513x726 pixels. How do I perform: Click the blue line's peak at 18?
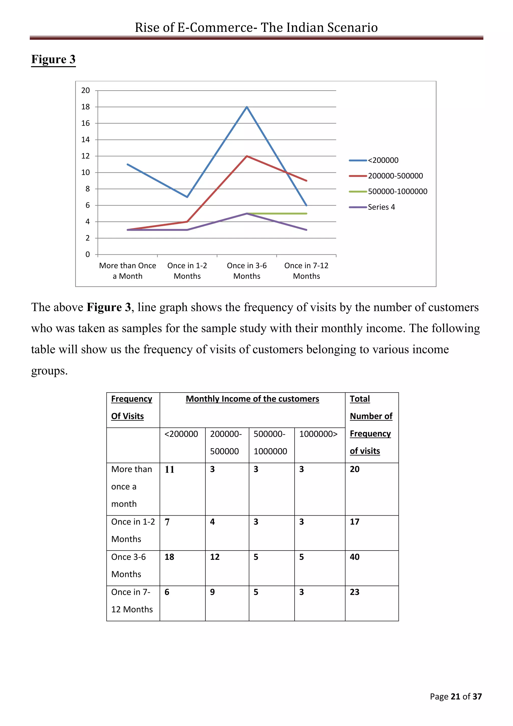[247, 107]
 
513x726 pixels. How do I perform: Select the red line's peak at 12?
[247, 156]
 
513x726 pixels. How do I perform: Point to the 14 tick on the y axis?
[86, 140]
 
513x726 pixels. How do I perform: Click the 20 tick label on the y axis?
[86, 90]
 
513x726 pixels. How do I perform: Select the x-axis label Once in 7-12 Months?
[306, 271]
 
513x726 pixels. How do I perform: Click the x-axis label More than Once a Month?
[127, 271]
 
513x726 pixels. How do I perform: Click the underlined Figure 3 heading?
[53, 59]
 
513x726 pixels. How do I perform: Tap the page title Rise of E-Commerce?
[256, 28]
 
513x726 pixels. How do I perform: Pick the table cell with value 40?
[354, 557]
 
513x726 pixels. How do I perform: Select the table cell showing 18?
[169, 557]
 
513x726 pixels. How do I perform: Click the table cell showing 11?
[169, 469]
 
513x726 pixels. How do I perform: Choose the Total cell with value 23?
[354, 592]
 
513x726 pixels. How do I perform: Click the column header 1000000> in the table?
[318, 434]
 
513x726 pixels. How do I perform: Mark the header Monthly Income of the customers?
[252, 399]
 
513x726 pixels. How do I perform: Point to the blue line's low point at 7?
[187, 197]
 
